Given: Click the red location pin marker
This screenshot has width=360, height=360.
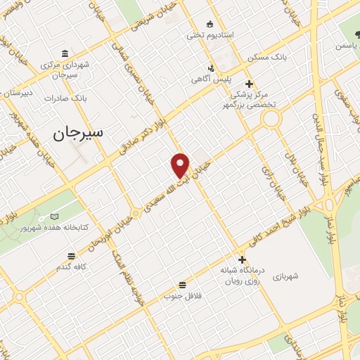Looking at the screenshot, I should point(181,165).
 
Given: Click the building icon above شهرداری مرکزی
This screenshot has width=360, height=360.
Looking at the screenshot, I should point(65,53).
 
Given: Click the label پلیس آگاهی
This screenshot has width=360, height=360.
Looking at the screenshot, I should point(210,79).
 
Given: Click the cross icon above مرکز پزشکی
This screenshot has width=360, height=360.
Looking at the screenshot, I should point(248,83).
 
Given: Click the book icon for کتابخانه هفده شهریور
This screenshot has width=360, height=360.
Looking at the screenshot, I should point(56,217).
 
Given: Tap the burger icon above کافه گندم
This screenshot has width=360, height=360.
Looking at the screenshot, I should point(71,257).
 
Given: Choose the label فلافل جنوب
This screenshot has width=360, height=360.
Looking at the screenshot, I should point(183,295).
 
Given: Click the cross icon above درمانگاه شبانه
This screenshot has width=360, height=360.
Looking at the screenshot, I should point(243,259).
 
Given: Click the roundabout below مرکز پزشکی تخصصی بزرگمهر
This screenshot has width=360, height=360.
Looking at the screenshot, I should point(271,119).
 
